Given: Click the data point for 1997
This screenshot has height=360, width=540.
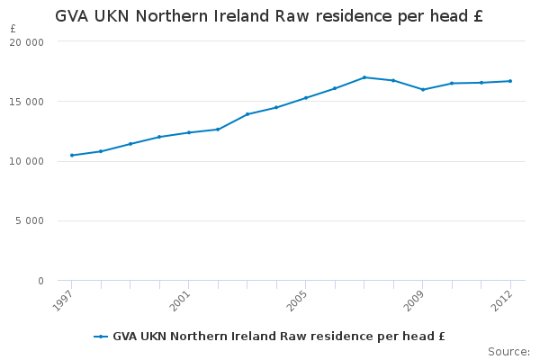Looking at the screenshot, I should click(72, 156).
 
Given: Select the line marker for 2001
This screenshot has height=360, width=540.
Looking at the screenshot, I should click(189, 132).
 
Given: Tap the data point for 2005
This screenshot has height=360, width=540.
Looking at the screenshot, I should click(306, 97).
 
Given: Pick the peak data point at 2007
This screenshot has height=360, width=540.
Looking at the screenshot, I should click(364, 77).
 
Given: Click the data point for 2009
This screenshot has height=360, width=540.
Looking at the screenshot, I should click(422, 89).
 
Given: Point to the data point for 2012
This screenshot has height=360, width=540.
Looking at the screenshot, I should click(510, 81).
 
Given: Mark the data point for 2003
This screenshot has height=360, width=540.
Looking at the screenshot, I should click(247, 114).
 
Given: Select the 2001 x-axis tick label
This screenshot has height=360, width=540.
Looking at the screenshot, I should click(182, 298).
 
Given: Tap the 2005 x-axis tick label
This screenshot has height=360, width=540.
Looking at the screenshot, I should click(299, 298).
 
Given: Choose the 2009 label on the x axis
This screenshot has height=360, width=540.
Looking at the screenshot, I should click(415, 298).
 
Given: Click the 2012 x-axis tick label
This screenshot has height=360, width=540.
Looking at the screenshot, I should click(503, 298).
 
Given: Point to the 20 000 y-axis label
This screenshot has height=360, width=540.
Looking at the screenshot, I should click(28, 42).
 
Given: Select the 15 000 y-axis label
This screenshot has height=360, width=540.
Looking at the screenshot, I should click(28, 102).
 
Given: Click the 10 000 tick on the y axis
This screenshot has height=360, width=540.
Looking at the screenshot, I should click(28, 162).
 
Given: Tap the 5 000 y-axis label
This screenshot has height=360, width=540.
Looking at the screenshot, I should click(31, 221).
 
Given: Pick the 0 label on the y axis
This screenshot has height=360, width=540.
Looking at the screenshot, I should click(40, 282).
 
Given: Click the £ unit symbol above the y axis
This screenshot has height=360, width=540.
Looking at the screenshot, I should click(13, 29).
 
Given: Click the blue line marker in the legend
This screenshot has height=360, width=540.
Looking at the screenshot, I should click(101, 337).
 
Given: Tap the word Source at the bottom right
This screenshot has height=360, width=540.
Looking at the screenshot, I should click(508, 351).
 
